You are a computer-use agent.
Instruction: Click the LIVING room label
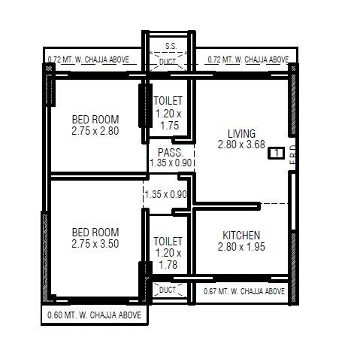tap(241, 133)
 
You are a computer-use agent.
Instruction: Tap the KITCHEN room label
tap(242, 235)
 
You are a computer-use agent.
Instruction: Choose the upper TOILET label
tap(168, 101)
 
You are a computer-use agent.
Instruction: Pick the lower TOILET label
tap(168, 241)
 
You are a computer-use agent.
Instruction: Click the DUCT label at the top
tap(169, 61)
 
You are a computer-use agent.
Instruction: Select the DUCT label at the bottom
tap(168, 289)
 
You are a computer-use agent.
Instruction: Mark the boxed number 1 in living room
tap(277, 153)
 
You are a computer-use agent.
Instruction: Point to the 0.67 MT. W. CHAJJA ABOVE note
tap(244, 291)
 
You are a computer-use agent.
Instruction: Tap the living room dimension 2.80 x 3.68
tap(241, 144)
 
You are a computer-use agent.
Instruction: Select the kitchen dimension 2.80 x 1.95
tap(242, 246)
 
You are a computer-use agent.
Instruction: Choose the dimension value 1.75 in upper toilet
tap(168, 126)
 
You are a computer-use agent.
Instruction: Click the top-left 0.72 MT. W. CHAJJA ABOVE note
tap(88, 59)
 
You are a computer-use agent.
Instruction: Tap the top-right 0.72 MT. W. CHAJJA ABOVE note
tap(247, 59)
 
